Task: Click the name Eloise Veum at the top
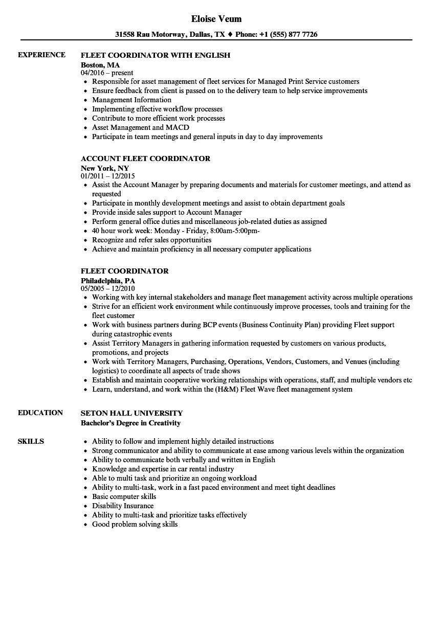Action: [x=216, y=19]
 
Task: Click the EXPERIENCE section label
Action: [x=41, y=55]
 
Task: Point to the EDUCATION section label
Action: [x=40, y=413]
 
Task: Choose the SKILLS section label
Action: [x=31, y=441]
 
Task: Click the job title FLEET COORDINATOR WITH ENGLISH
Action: [x=156, y=55]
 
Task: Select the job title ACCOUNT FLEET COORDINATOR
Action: [x=145, y=158]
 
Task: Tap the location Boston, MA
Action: [x=100, y=65]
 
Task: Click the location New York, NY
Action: [x=105, y=168]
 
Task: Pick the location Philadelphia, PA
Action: [x=108, y=281]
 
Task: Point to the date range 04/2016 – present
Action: [x=107, y=73]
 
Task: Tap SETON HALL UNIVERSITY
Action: [x=131, y=413]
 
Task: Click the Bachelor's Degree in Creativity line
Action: [x=130, y=423]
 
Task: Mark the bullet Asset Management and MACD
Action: [x=140, y=127]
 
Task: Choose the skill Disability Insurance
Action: [x=122, y=506]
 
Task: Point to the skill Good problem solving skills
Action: [x=135, y=524]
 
